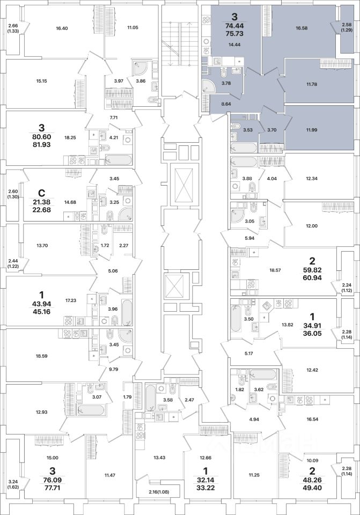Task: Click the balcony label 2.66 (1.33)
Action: [13, 28]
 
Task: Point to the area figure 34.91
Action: [314, 325]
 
